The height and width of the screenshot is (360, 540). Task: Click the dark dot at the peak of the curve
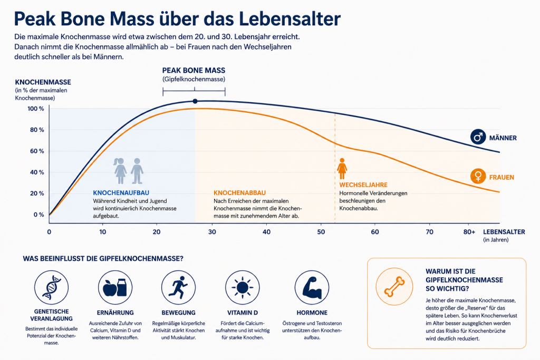tap(195, 101)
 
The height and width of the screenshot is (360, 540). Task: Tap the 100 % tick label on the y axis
tap(36, 109)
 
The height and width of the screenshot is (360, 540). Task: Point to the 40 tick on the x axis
tap(266, 232)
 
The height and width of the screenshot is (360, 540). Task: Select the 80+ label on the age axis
tap(469, 232)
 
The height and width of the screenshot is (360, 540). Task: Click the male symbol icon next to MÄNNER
tap(478, 137)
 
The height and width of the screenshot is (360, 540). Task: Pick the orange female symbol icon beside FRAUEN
tap(478, 177)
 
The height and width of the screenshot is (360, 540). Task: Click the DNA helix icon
tap(51, 287)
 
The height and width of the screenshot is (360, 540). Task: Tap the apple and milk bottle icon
tap(115, 287)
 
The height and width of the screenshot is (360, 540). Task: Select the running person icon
tap(178, 287)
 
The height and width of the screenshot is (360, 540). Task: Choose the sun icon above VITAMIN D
tap(243, 287)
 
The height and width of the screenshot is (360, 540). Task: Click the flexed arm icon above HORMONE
tap(312, 287)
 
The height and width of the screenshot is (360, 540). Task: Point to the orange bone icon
tap(394, 287)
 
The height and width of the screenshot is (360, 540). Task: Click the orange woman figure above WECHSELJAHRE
tap(342, 169)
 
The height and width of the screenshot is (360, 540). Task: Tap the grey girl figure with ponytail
tap(120, 171)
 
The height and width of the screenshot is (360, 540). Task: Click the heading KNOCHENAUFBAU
tap(121, 193)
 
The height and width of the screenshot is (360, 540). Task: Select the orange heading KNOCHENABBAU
tap(240, 193)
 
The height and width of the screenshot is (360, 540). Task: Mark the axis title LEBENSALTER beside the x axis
tap(504, 232)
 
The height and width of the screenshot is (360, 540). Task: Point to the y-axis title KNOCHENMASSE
tap(43, 82)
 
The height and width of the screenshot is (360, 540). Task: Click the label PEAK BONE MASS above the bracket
tap(194, 71)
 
